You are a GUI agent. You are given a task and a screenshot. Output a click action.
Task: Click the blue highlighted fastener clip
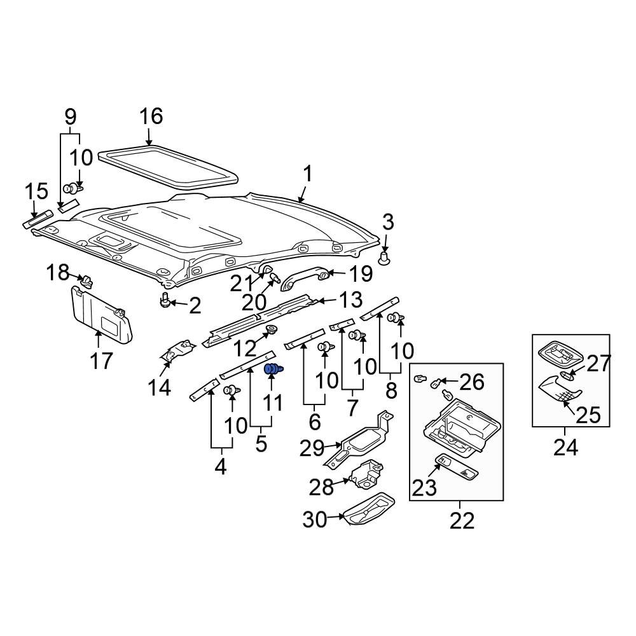point(273,369)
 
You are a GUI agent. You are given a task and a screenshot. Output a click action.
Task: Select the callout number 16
point(151,116)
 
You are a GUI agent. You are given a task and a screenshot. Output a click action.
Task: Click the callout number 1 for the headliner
point(307,174)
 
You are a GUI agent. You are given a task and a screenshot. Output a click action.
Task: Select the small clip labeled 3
point(385,258)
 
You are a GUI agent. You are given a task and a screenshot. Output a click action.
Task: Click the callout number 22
point(462,521)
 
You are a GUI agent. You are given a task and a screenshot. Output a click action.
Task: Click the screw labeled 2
point(166,300)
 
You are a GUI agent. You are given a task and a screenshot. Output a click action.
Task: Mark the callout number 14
point(160,387)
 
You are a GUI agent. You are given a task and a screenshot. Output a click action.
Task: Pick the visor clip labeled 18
point(87,280)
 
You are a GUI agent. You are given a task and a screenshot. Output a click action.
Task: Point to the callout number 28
point(322,487)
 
